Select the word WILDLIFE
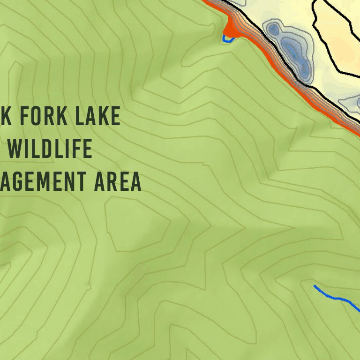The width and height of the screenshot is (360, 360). click(x=50, y=149)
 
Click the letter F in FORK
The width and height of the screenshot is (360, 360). click(x=23, y=116)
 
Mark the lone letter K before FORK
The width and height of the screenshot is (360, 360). click(x=5, y=116)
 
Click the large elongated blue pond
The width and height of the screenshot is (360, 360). click(x=292, y=49)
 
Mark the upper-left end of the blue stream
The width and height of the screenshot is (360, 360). click(x=315, y=286)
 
